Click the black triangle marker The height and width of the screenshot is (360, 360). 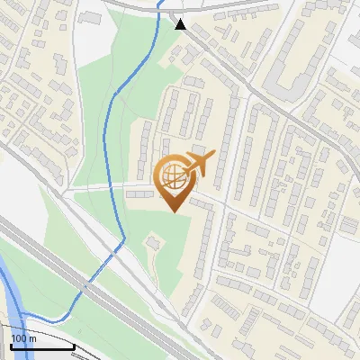coord(182,24)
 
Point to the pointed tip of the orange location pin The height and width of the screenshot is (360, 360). coord(174,211)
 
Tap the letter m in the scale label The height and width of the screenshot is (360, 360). coord(32,338)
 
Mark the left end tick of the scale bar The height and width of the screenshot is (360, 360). coord(10,346)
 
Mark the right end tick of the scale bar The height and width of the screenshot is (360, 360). coord(74,346)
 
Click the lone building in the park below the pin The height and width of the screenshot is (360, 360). coord(152,243)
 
